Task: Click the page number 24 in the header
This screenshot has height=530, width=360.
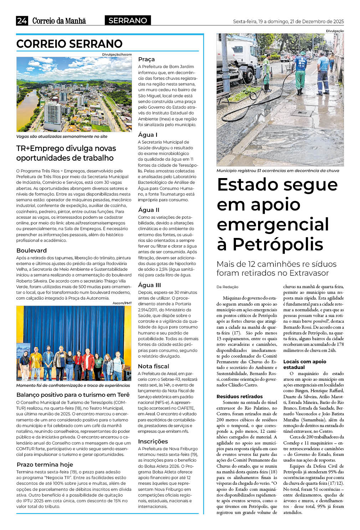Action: (x=22, y=21)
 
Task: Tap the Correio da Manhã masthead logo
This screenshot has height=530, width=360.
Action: (x=59, y=21)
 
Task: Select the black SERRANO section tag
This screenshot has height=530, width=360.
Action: (x=128, y=20)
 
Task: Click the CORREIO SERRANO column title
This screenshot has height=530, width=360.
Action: (x=70, y=44)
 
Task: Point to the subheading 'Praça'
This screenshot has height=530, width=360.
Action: (x=146, y=59)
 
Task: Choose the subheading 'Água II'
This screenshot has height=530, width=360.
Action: (x=149, y=210)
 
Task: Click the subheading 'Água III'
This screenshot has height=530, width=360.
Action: (x=149, y=285)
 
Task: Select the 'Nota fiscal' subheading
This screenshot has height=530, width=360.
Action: (x=154, y=366)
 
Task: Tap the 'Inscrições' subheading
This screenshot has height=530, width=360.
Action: (x=153, y=441)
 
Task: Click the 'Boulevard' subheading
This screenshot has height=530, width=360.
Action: (x=31, y=250)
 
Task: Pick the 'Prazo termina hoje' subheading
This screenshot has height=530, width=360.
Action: (x=45, y=464)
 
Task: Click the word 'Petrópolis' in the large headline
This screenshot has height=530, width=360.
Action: (x=278, y=244)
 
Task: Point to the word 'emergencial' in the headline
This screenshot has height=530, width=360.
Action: (x=273, y=224)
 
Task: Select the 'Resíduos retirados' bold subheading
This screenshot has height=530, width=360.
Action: (x=240, y=396)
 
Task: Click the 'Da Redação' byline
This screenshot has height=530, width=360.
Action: (x=227, y=287)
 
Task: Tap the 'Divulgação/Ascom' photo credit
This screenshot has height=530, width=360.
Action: (x=117, y=54)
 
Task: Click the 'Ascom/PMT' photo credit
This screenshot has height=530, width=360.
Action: (x=122, y=303)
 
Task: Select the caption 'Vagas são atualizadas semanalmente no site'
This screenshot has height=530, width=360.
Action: (x=62, y=136)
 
